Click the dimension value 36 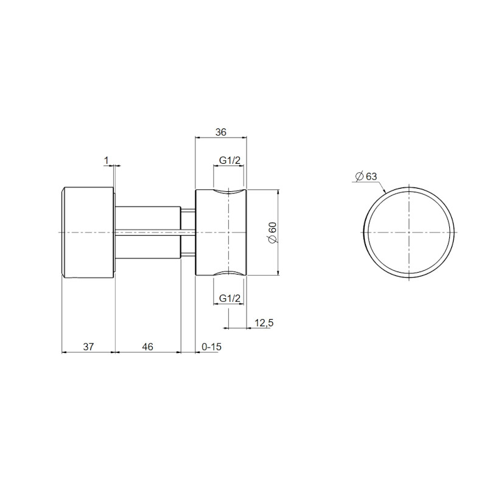[x=221, y=132]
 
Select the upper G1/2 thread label [x=229, y=160]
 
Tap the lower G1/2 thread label [x=229, y=298]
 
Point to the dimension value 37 [x=88, y=346]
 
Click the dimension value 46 [x=148, y=346]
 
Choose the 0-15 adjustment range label [x=211, y=346]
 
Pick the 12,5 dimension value [x=264, y=323]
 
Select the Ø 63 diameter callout [x=366, y=176]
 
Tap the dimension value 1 [x=106, y=161]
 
